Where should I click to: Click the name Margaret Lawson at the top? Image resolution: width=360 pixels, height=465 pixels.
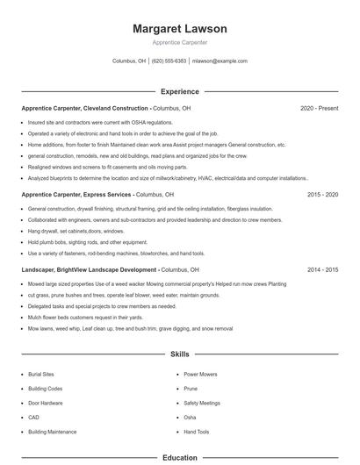click(x=180, y=29)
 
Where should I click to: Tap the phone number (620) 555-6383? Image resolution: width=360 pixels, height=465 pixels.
click(x=169, y=61)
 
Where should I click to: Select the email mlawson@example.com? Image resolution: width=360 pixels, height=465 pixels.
click(x=220, y=61)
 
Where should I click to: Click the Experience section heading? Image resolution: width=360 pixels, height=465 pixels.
click(x=180, y=91)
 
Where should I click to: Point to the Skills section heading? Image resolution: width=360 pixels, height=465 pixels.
click(x=180, y=354)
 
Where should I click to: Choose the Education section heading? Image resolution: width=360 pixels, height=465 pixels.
click(x=180, y=457)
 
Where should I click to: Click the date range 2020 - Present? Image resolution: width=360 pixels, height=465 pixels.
click(x=319, y=108)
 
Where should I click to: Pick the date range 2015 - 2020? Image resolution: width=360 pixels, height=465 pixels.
click(x=322, y=194)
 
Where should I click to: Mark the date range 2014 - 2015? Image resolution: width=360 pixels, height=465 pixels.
click(x=322, y=269)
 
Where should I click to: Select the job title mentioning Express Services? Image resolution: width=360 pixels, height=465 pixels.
click(x=77, y=194)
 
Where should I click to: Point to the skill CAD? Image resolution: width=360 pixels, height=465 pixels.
click(x=33, y=418)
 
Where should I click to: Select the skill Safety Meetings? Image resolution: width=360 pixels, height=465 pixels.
click(x=202, y=403)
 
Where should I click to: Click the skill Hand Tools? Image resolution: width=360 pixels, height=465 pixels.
click(x=197, y=432)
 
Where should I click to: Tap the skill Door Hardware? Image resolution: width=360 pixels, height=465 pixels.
click(x=45, y=403)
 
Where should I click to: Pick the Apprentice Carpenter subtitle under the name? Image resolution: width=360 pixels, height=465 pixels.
click(x=180, y=42)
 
